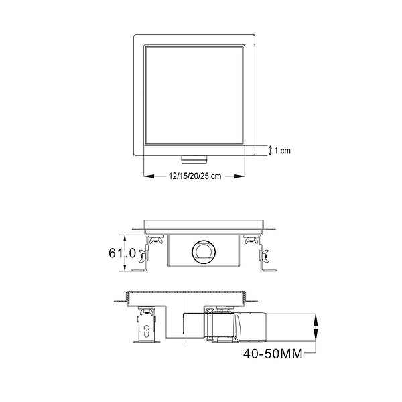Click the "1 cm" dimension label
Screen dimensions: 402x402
coord(282,151)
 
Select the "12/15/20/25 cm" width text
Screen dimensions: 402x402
coord(195,176)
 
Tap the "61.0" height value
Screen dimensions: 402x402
coord(123,253)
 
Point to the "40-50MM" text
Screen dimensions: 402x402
coord(273,354)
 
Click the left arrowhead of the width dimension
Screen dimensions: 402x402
coord(149,176)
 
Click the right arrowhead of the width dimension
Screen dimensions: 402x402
coord(239,176)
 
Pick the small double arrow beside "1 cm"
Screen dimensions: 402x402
coord(270,151)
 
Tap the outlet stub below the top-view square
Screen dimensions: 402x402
coord(194,159)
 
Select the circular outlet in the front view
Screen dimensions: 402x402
coord(204,253)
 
